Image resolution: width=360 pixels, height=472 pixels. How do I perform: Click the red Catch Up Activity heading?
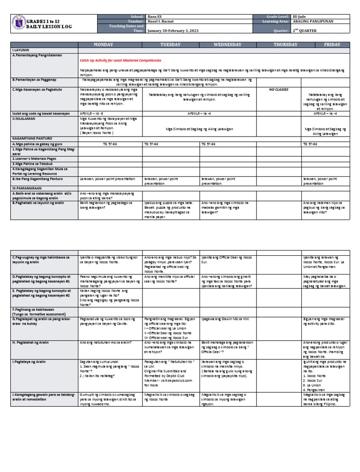pyautogui.click(x=120, y=61)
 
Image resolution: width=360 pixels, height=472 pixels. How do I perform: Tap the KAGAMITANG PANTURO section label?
pyautogui.click(x=32, y=139)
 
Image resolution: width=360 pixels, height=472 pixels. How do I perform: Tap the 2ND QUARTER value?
pyautogui.click(x=305, y=30)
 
